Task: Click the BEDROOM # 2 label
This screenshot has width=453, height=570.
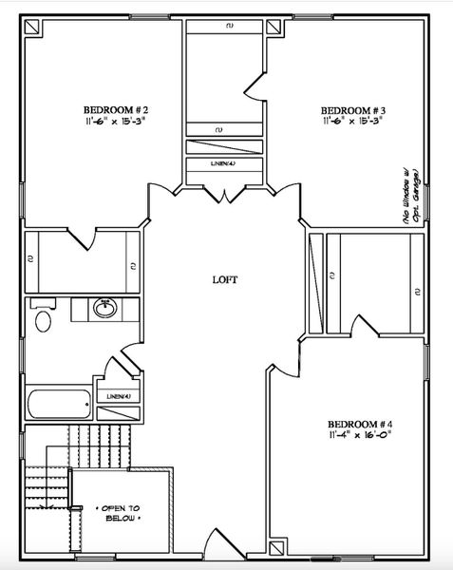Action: [115, 108]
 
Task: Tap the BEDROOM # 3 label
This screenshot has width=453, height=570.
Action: [351, 108]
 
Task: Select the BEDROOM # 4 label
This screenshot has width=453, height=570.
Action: [359, 424]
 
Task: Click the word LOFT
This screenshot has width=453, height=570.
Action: [224, 280]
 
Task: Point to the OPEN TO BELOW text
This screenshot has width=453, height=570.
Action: [119, 514]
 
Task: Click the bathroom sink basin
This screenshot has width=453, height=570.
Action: [104, 309]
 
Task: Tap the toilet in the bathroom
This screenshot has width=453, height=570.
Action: [43, 318]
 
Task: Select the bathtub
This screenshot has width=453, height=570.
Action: [59, 405]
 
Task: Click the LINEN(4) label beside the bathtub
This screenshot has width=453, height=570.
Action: [119, 396]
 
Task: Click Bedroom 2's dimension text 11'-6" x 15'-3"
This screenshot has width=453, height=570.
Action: [115, 121]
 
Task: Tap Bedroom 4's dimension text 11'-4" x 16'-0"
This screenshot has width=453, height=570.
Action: [359, 436]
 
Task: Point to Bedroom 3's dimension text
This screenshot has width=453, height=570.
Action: [351, 121]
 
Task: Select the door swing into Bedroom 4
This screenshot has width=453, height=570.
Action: [281, 359]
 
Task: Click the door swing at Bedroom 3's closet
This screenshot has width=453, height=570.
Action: [255, 83]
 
